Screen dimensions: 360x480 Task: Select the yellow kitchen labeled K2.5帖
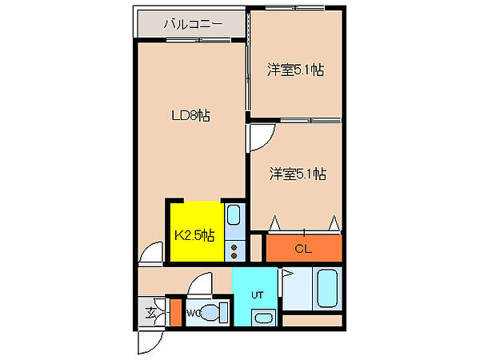click(194, 235)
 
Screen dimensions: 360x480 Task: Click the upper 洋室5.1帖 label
click(295, 70)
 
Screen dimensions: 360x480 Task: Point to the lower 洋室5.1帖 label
click(297, 173)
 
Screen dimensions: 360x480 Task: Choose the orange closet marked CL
click(302, 248)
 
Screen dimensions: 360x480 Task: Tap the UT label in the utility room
click(257, 295)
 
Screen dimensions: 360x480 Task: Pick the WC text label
click(194, 313)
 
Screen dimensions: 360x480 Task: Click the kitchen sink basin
click(234, 214)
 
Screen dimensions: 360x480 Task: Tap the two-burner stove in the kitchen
click(234, 251)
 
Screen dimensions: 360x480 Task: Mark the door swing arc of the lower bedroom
click(262, 137)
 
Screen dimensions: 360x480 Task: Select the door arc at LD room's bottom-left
click(150, 254)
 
